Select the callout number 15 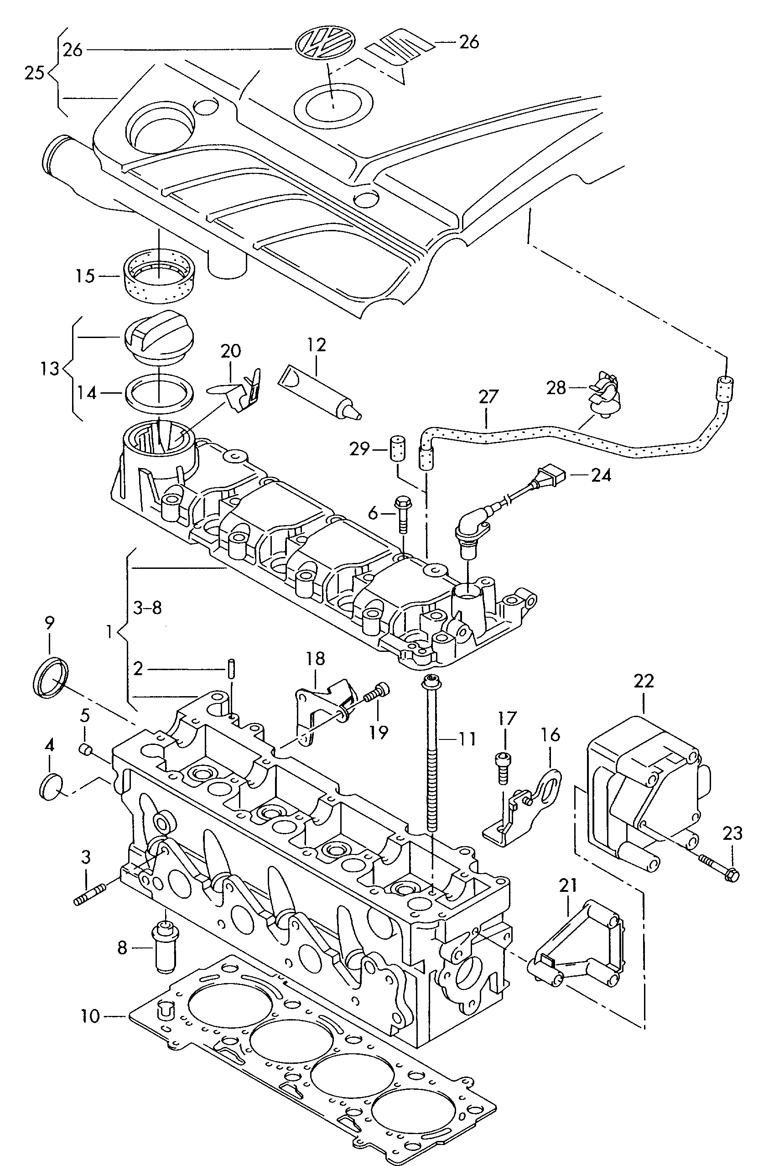(85, 276)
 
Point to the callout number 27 (488, 397)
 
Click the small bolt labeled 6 (402, 513)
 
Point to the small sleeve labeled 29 (396, 449)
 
